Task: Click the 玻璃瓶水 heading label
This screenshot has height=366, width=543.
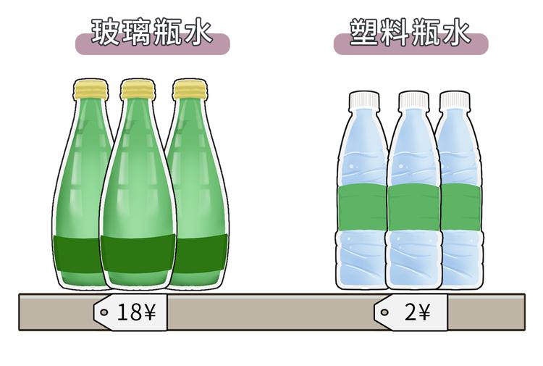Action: [152, 34]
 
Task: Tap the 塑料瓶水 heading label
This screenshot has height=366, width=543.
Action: [411, 34]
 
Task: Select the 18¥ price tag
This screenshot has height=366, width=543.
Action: [131, 312]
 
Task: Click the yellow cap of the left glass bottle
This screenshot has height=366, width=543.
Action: [90, 89]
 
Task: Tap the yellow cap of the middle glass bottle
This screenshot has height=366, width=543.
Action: [138, 89]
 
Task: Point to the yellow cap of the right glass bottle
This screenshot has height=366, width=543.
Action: [190, 89]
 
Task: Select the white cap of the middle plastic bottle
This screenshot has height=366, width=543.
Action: [413, 100]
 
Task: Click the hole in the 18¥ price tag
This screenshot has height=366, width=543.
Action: [104, 312]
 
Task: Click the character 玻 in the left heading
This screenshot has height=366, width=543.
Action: [106, 33]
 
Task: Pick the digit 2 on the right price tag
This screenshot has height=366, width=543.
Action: [411, 313]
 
